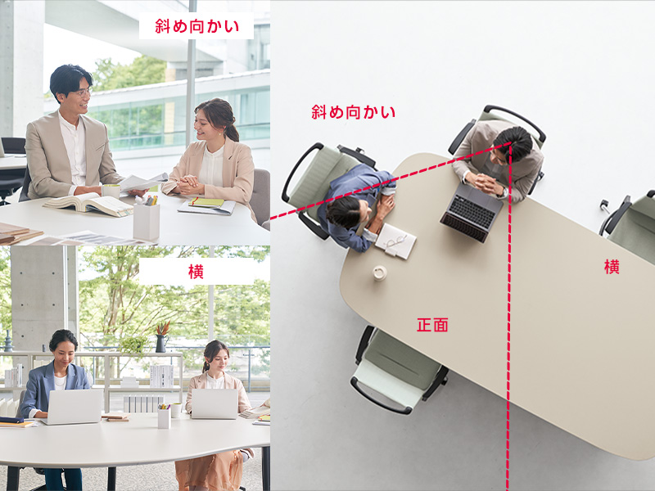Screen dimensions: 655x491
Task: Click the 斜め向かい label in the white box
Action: pyautogui.click(x=196, y=26)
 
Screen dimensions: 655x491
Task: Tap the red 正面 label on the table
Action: pyautogui.click(x=432, y=324)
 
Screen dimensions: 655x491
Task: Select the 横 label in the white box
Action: pyautogui.click(x=196, y=272)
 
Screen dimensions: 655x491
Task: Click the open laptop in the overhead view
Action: pyautogui.click(x=472, y=212)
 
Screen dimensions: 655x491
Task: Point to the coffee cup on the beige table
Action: pyautogui.click(x=380, y=273)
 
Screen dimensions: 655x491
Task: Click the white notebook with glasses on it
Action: pyautogui.click(x=395, y=241)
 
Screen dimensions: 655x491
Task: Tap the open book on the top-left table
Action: pyautogui.click(x=88, y=205)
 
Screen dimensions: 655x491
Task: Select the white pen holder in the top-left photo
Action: pyautogui.click(x=147, y=220)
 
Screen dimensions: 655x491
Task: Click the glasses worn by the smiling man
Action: pyautogui.click(x=83, y=93)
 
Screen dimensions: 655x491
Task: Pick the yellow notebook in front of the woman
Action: pyautogui.click(x=206, y=202)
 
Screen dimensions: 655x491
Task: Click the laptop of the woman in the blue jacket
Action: pyautogui.click(x=74, y=407)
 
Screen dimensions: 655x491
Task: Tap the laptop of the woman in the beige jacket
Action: pyautogui.click(x=215, y=403)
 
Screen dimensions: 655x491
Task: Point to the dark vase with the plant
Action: pyautogui.click(x=160, y=343)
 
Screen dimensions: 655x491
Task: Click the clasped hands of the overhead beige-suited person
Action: pyautogui.click(x=485, y=183)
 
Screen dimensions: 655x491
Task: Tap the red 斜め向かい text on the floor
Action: pyautogui.click(x=353, y=112)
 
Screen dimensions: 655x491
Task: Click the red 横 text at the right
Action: pyautogui.click(x=612, y=267)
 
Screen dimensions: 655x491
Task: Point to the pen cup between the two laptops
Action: pyautogui.click(x=165, y=416)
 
